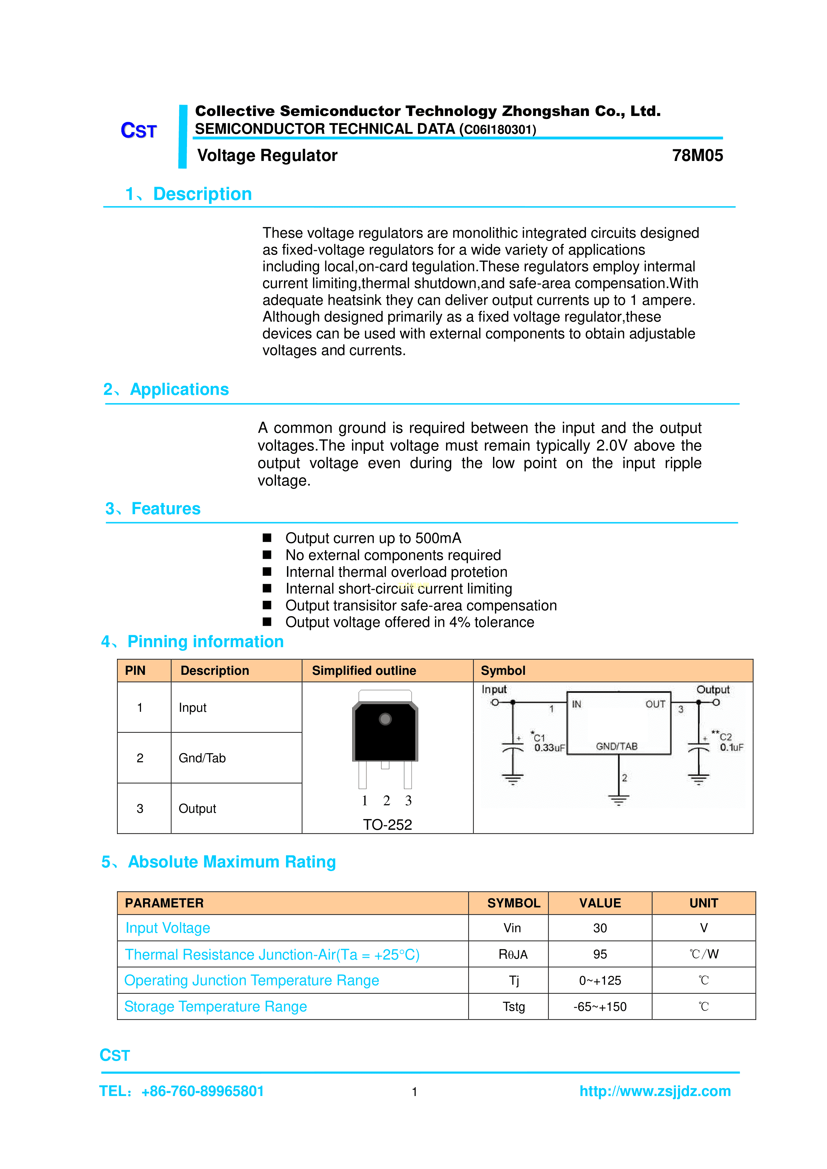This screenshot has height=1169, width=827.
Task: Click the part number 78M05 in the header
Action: coord(697,155)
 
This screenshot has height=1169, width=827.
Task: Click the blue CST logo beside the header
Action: coord(139,131)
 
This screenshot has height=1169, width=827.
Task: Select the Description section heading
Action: coord(202,194)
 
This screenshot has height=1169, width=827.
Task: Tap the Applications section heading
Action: coord(179,390)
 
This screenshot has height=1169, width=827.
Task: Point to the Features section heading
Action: coord(166,509)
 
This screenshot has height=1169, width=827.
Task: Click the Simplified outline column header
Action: coord(364,670)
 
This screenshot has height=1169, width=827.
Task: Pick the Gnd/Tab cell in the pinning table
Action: coord(202,758)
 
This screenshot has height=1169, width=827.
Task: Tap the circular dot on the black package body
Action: coord(385,719)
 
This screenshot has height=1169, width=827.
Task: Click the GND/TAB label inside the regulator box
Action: coord(616,746)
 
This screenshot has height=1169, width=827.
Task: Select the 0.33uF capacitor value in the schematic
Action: coord(549,747)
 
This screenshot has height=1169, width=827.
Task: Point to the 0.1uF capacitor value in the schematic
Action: coord(731,747)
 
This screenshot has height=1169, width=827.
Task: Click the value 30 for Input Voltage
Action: coord(600,928)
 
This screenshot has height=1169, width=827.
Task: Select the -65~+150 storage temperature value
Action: coord(600,1007)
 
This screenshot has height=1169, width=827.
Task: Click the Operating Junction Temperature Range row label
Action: coord(252,981)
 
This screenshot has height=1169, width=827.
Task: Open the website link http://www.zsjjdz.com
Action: coord(655,1091)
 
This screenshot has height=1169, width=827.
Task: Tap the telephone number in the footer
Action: coord(203,1091)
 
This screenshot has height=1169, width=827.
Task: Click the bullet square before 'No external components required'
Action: coord(267,555)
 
